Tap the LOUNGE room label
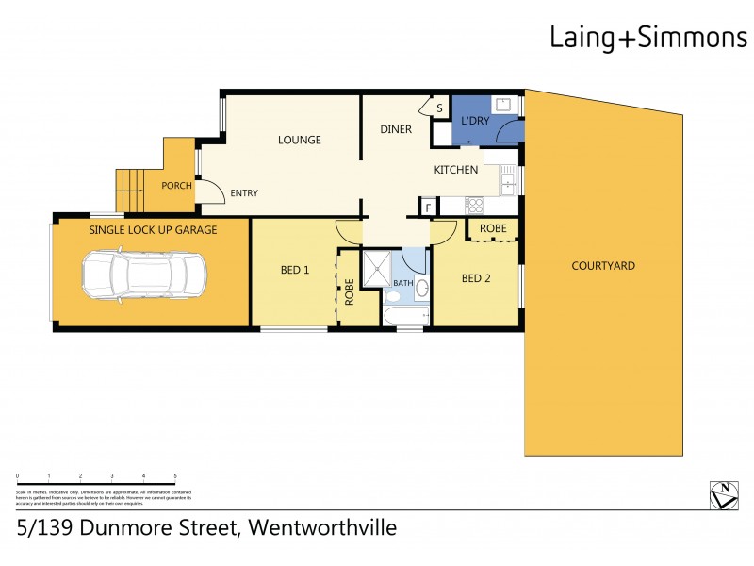299,140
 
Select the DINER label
396,129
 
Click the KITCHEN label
455,170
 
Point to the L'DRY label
474,122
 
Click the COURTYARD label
602,266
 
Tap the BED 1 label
295,270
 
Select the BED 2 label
476,278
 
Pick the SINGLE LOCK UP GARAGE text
153,230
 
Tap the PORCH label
176,186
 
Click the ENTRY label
244,193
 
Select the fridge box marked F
429,208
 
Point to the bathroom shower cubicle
378,266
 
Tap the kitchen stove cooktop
474,204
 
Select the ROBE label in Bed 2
493,229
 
